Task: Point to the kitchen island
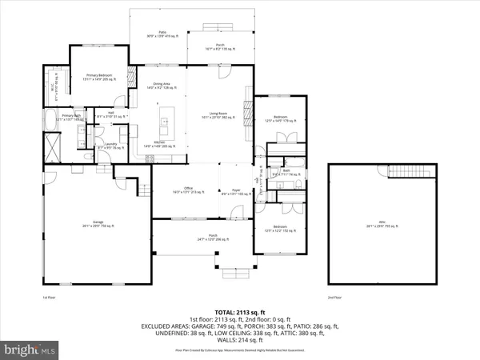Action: pos(163,124)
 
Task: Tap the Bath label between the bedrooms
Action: pos(286,170)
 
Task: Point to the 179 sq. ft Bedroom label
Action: pos(281,119)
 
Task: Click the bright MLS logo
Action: pos(30,350)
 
